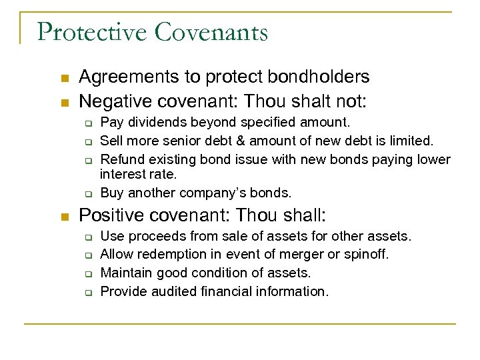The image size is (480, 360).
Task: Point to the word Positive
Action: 109,216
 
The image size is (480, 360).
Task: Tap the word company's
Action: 206,193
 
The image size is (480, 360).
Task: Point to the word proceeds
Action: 155,236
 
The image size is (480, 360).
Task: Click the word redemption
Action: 167,254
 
